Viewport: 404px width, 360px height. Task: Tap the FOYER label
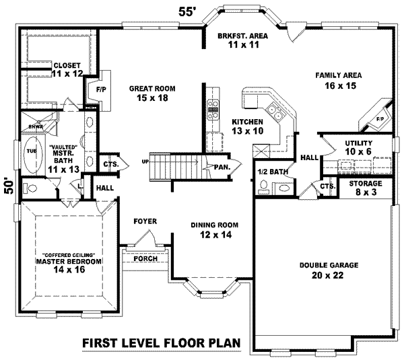tap(145, 220)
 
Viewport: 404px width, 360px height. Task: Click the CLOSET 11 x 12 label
tap(67, 69)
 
